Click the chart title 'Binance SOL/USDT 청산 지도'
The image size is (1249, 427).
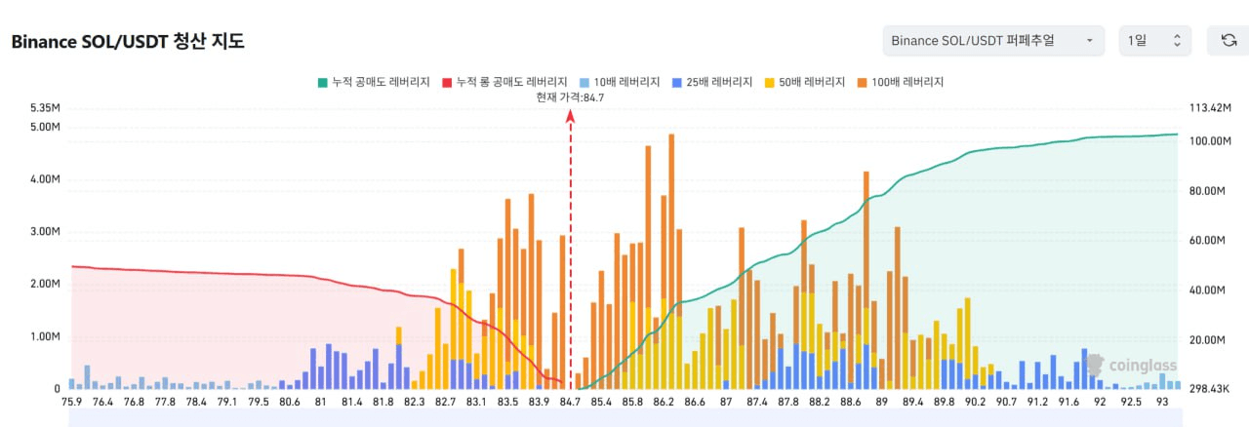pos(127,42)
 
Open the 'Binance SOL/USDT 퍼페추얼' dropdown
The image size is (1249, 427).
pos(993,41)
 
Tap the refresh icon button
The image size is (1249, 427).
pos(1229,41)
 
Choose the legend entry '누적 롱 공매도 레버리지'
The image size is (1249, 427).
pos(504,83)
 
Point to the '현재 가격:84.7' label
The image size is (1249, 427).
pos(570,97)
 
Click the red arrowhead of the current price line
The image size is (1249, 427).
pos(571,116)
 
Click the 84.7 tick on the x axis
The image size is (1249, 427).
pos(570,402)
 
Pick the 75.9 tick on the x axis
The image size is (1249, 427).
pos(72,402)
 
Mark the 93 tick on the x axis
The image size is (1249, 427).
pos(1161,402)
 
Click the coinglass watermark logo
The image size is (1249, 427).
pos(1131,367)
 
